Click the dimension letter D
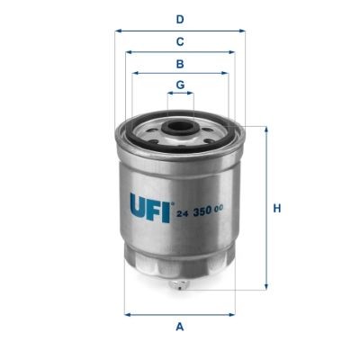pyautogui.click(x=180, y=19)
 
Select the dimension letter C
pyautogui.click(x=180, y=41)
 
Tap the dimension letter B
pyautogui.click(x=180, y=64)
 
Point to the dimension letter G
pyautogui.click(x=180, y=85)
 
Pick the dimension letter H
pyautogui.click(x=277, y=209)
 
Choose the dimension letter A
pyautogui.click(x=180, y=326)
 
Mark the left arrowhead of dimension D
pyautogui.click(x=117, y=30)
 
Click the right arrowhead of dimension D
pyautogui.click(x=243, y=30)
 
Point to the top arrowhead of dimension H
pyautogui.click(x=266, y=129)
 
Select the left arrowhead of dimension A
pyautogui.click(x=126, y=314)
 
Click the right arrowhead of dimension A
pyautogui.click(x=234, y=314)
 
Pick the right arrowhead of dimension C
pyautogui.click(x=233, y=52)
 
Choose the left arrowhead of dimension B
pyautogui.click(x=134, y=74)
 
